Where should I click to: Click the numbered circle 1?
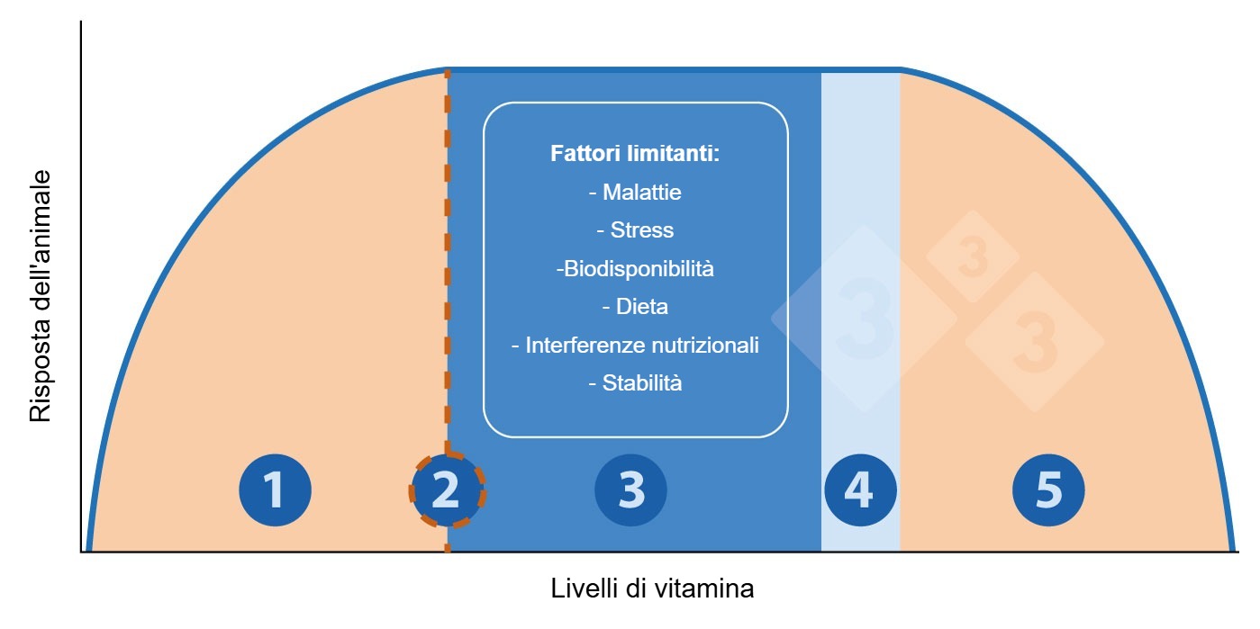coord(275,490)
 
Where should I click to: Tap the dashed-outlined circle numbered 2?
coord(447,490)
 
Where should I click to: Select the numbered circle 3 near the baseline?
coord(631,490)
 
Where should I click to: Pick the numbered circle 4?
coord(859,490)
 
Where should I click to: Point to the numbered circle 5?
coord(1048,490)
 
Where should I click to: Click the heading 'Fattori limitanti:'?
coord(635,153)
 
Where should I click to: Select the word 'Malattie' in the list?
coord(641,192)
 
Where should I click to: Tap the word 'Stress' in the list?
coord(641,230)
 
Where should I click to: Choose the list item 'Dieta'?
coord(641,307)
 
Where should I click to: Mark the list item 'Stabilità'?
coord(641,383)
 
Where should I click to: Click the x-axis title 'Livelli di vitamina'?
coord(652,589)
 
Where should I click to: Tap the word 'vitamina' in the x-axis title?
coord(704,589)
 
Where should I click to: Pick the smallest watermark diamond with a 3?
coord(972,256)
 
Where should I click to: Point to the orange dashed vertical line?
coord(447,270)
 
